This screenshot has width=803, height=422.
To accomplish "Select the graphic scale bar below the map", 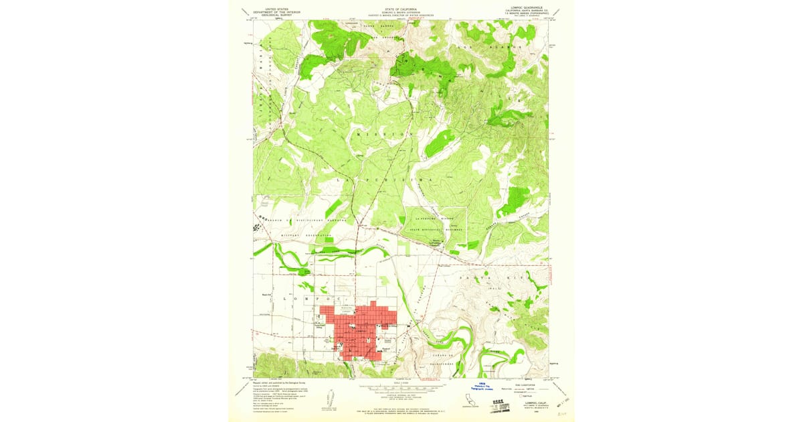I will [x=401, y=388].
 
